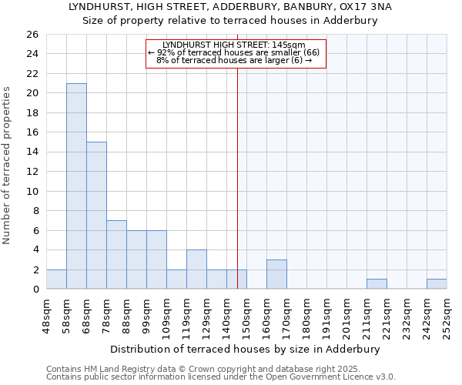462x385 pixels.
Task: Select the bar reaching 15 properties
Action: pyautogui.click(x=96, y=215)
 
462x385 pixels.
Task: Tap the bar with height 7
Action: pyautogui.click(x=116, y=254)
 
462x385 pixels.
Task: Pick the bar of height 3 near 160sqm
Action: pyautogui.click(x=276, y=274)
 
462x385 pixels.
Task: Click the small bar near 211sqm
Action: pyautogui.click(x=377, y=284)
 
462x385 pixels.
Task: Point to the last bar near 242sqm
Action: pyautogui.click(x=437, y=284)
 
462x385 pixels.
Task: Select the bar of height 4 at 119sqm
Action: pyautogui.click(x=196, y=269)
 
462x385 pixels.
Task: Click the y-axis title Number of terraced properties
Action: pyautogui.click(x=7, y=165)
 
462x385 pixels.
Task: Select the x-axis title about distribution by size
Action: pyautogui.click(x=246, y=349)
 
